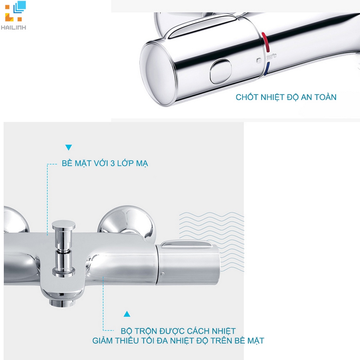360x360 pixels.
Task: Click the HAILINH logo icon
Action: [15, 11]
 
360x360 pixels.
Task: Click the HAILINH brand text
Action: [13, 28]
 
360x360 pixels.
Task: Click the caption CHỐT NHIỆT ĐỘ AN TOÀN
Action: [286, 97]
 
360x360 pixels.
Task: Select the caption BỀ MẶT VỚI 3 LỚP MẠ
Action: [105, 163]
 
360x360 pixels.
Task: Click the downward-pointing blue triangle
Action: [68, 147]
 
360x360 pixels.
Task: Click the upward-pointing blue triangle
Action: [127, 314]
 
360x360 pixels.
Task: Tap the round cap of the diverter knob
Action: [64, 225]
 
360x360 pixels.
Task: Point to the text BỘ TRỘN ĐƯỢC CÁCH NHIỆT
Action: [178, 331]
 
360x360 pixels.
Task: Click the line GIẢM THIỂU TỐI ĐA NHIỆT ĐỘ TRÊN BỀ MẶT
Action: [178, 340]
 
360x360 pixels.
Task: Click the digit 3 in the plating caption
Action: [113, 163]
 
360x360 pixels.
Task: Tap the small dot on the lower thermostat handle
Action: [163, 274]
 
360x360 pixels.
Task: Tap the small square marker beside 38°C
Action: [259, 61]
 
